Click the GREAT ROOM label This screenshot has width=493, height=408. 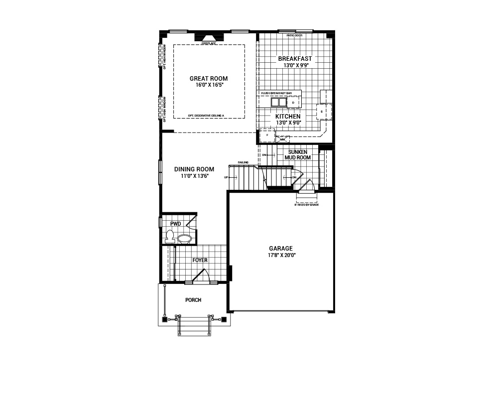[x=209, y=79]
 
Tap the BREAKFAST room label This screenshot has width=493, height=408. [x=295, y=59]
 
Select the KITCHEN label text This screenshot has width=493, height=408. [x=288, y=116]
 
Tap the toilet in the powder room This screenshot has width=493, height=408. [x=169, y=236]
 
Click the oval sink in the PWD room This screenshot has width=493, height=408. [x=184, y=239]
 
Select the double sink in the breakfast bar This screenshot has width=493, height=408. [x=278, y=103]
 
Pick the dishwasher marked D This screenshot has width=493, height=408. [x=294, y=103]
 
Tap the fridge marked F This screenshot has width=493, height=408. [x=267, y=135]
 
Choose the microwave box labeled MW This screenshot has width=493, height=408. [x=282, y=139]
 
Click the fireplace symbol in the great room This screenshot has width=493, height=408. [x=209, y=39]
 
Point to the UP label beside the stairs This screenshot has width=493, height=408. [x=226, y=177]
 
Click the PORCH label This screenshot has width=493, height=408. [x=193, y=300]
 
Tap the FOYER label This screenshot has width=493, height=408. [x=200, y=260]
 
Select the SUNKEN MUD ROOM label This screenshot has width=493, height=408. [x=297, y=154]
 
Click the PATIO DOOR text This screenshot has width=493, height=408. [x=294, y=36]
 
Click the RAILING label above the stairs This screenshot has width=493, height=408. [x=243, y=162]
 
